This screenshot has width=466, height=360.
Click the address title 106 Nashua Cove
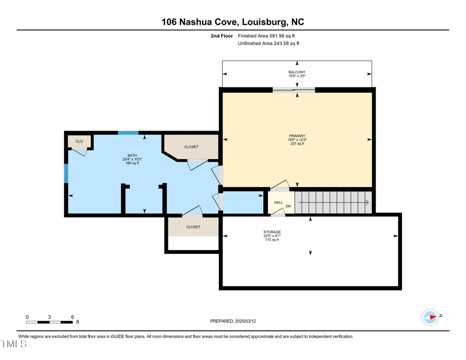click(232, 22)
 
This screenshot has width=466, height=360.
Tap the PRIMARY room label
click(296, 136)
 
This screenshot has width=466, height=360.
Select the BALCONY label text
click(296, 72)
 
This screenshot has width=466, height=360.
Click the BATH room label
click(132, 156)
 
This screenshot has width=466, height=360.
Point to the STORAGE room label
click(271, 232)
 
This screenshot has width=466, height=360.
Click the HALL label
click(278, 203)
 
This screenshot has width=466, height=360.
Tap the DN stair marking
click(288, 206)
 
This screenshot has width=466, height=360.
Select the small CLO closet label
click(79, 142)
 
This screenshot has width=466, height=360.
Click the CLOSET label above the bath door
click(191, 147)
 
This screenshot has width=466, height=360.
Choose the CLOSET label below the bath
click(193, 227)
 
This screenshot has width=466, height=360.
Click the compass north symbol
click(430, 317)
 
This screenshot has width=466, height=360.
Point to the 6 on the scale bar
click(72, 317)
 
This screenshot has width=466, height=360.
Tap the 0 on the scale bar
click(27, 317)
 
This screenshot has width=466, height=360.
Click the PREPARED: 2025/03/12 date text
click(232, 321)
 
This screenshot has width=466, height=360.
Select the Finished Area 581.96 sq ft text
click(269, 36)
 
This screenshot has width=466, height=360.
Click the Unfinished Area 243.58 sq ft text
click(269, 43)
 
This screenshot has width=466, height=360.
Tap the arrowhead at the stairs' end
click(367, 203)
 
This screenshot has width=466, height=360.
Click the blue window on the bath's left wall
click(66, 173)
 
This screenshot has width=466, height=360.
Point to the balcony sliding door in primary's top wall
click(294, 90)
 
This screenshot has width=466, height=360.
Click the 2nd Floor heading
click(222, 36)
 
